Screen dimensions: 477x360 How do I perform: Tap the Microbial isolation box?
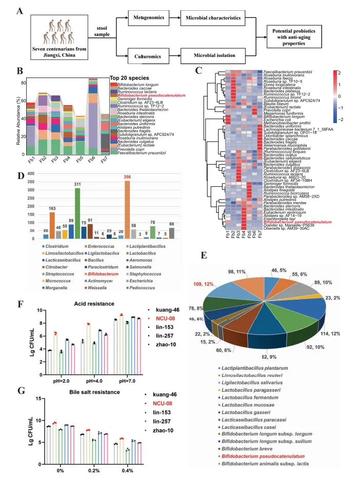click(214, 55)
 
